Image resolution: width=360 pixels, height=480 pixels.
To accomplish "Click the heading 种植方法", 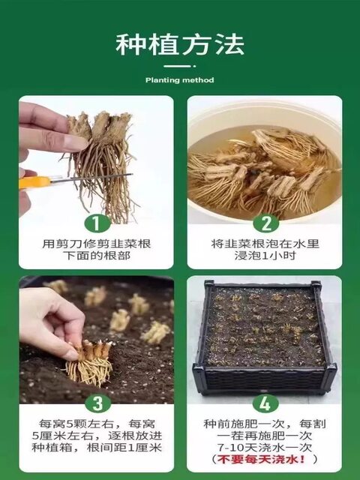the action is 180,45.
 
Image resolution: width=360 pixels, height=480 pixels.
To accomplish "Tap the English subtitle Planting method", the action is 180,80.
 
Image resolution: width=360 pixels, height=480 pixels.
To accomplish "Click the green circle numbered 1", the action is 97,223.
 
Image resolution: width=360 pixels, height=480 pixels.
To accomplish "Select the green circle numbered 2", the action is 265,223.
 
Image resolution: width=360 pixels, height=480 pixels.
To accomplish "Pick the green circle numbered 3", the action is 97,403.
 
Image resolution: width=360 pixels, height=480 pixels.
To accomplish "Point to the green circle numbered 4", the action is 265,403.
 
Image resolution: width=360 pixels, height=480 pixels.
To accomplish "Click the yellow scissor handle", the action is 34,182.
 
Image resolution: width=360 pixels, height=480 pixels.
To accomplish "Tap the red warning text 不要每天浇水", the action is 261,459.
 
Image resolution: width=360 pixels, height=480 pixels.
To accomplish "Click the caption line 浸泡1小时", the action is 265,256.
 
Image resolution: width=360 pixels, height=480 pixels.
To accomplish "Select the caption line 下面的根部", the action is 97,256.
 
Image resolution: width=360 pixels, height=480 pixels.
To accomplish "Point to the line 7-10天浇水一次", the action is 265,447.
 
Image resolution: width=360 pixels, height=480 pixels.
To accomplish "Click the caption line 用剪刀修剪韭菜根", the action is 97,244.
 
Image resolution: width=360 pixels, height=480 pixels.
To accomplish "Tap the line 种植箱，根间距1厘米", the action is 97,448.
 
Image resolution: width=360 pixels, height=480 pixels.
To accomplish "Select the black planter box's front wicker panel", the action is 263,380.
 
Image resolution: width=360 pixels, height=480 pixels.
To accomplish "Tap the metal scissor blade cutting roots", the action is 91,178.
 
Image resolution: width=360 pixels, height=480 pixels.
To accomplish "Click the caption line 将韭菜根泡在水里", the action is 265,244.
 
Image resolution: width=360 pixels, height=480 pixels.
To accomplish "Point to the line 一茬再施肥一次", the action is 265,436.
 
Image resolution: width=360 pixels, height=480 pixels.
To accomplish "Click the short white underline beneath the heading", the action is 178,66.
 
